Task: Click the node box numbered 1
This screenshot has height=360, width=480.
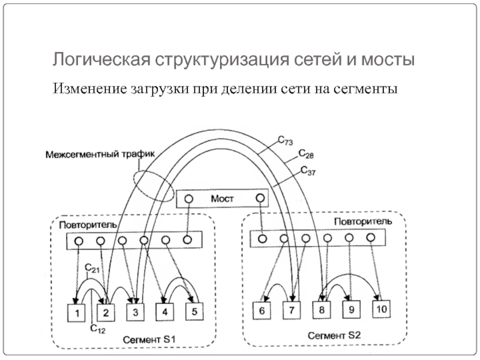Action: (x=77, y=313)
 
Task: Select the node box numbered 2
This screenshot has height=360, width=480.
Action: (x=106, y=313)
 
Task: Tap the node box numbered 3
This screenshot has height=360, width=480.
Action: (x=136, y=313)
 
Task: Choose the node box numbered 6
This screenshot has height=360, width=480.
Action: (x=262, y=311)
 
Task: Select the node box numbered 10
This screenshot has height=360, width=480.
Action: (x=382, y=309)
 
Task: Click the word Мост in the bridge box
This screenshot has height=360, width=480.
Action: (x=222, y=199)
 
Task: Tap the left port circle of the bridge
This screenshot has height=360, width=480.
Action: (x=188, y=199)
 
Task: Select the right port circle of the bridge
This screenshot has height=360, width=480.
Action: (x=260, y=198)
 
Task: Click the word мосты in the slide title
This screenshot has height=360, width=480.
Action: (x=386, y=61)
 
